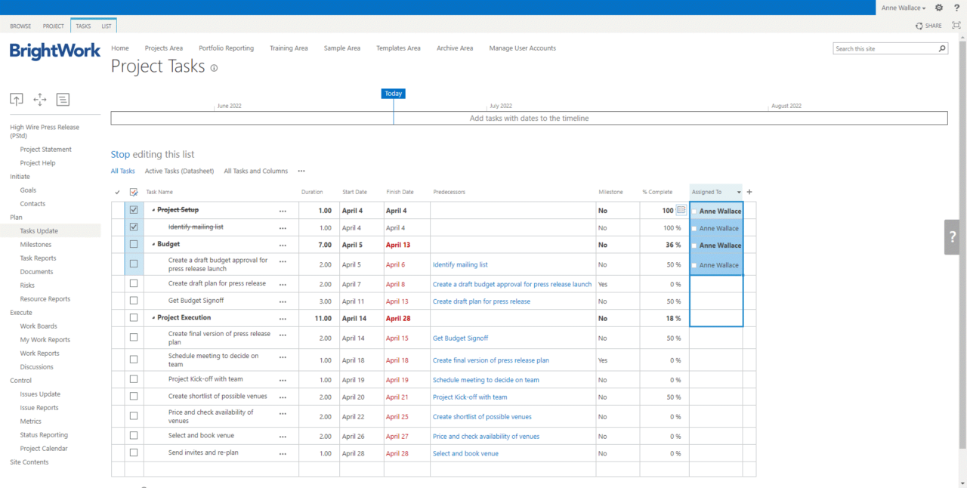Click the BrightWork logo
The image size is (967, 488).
[x=54, y=51]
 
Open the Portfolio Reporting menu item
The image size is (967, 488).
[x=226, y=48]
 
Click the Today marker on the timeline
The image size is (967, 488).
[x=393, y=94]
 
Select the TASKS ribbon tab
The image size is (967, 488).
[x=83, y=26]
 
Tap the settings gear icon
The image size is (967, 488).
[x=939, y=8]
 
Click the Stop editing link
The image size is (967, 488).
[x=120, y=154]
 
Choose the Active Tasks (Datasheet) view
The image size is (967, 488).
[x=179, y=171]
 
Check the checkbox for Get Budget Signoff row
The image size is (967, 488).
[x=134, y=301]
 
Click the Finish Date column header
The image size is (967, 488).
[x=400, y=192]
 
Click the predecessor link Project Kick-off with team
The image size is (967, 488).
[x=469, y=397]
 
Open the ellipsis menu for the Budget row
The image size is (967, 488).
[x=283, y=245]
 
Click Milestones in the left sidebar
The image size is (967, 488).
[x=36, y=245]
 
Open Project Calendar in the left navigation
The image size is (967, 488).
[x=44, y=449]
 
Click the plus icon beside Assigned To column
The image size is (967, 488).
[x=749, y=192]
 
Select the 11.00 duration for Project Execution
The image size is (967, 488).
[x=323, y=319]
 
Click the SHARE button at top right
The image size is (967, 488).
[x=928, y=26]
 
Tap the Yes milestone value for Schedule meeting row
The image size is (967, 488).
[x=603, y=361]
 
